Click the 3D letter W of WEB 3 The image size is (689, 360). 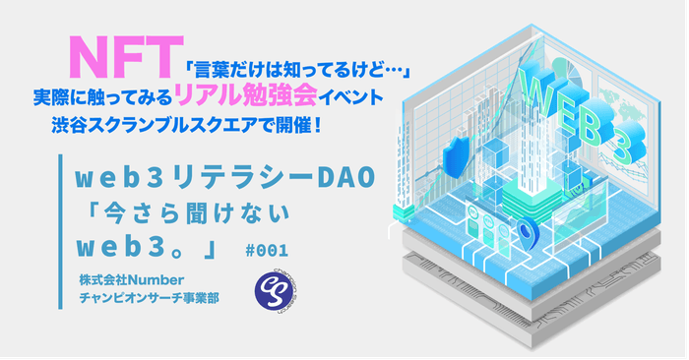(543, 93)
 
